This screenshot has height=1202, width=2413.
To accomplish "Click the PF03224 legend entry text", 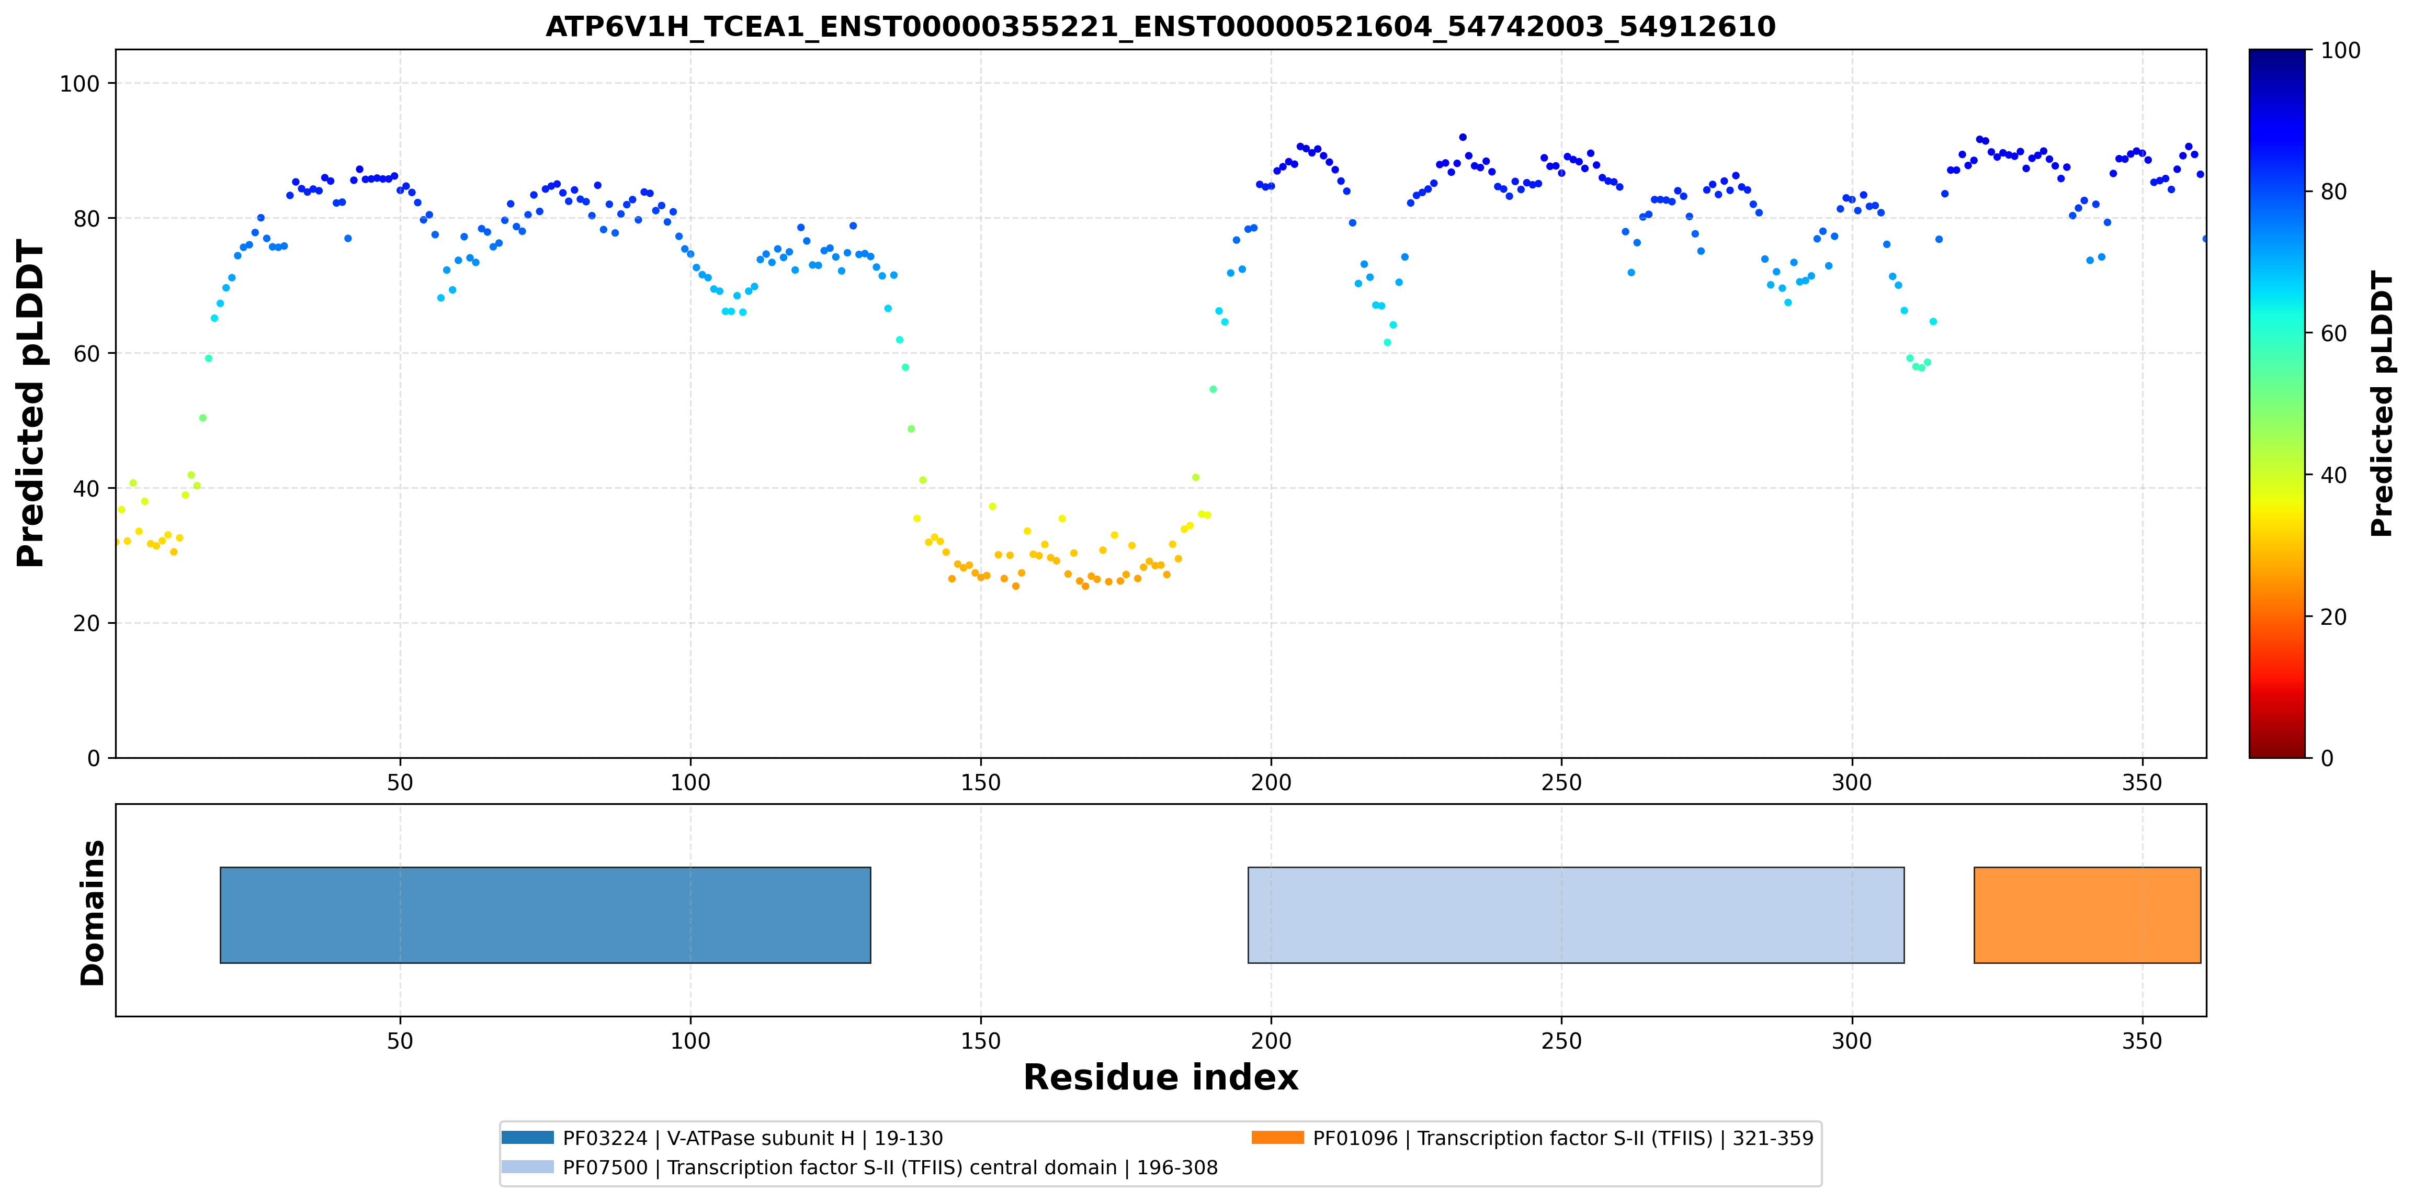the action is coord(752,1138).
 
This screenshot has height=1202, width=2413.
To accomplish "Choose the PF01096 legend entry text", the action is coord(1562,1138).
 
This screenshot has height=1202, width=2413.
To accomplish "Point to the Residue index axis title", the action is coord(1161,1077).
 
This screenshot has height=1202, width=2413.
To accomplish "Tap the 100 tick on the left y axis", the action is coord(80,83).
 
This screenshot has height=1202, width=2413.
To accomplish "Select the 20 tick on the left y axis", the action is coord(86,623).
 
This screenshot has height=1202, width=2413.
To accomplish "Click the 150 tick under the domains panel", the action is coord(981,1041).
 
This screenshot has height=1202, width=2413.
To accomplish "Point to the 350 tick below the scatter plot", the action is coord(2142,782).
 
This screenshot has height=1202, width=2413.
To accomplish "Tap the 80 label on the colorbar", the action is coord(2333,192).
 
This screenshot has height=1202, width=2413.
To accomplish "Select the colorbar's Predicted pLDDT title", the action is coord(2382,404).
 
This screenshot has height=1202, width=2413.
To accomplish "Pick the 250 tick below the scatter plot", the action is coord(1561,782).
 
